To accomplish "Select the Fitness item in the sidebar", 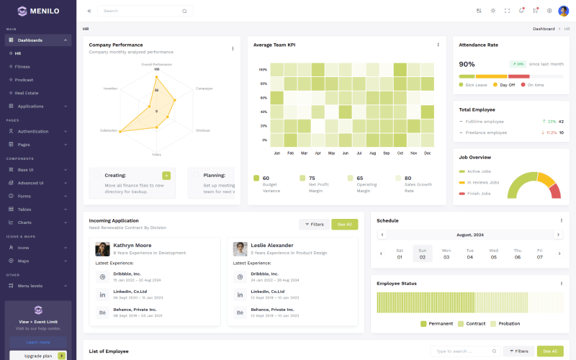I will pos(22,66).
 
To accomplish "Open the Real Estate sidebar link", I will pos(27,93).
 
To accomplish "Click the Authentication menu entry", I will pos(33,131).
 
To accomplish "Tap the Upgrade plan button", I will pos(37,356).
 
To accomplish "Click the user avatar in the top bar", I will pos(563,11).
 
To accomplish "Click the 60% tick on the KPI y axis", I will pos(263,98).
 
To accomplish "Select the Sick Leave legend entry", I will pos(476,85).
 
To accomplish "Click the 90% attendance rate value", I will pos(467,64).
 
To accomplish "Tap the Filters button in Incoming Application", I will pos(313,224).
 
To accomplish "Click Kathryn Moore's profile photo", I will pos(102,249).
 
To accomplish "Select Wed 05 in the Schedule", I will pos(493,253).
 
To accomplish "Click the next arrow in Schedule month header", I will pos(557,235).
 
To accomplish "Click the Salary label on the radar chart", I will pos(156,154).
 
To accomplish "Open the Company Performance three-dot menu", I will pos(233,48).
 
